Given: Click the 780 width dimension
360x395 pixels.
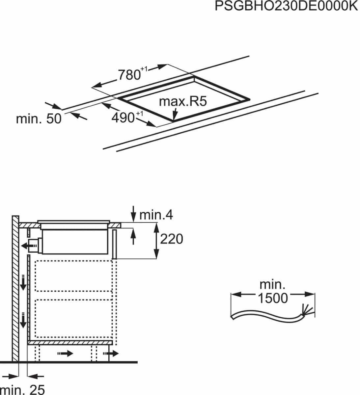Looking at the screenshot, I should point(130,75).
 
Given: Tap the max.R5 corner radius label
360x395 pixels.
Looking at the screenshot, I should point(182,101).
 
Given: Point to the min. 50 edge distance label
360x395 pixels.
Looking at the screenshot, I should point(39,118).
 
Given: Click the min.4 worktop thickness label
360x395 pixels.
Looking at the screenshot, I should point(156,215).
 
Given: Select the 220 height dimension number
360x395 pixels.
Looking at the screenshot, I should point(171,239).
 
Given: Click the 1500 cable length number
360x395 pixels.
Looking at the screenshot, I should point(272,298).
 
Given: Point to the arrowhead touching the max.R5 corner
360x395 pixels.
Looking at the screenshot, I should point(175,116).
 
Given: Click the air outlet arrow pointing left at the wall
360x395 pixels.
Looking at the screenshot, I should point(26,245).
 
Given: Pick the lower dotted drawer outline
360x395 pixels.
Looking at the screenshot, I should point(73,318).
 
